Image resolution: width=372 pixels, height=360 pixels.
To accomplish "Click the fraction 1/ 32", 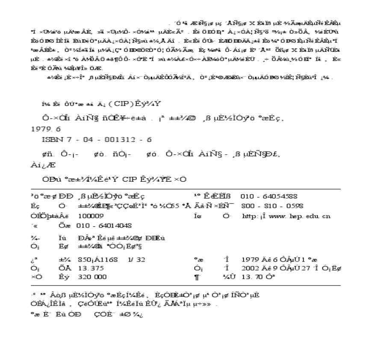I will click(x=136, y=260).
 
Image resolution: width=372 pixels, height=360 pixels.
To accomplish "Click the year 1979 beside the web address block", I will click(x=250, y=260).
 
